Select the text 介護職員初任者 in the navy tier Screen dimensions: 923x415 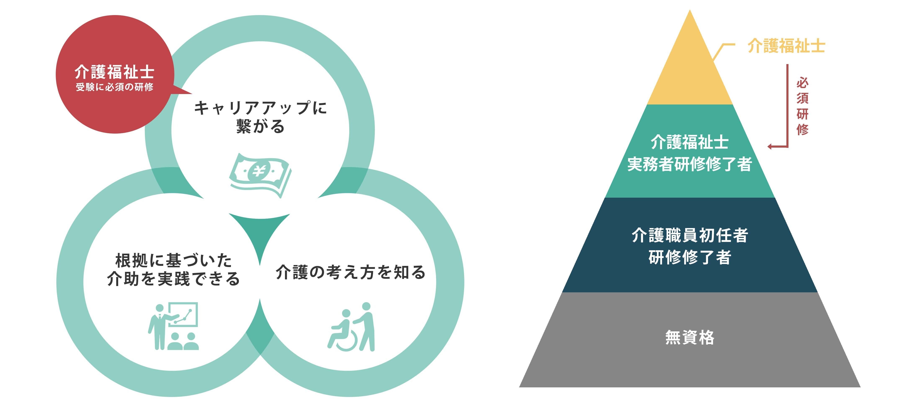coord(690,235)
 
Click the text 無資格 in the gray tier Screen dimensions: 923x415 coord(690,337)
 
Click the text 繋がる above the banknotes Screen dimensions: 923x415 coord(260,126)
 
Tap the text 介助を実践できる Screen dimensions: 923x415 coord(173,278)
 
